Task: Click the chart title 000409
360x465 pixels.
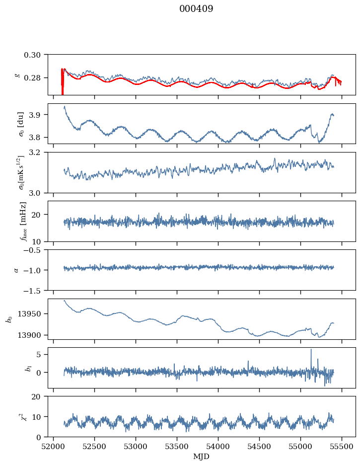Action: point(196,9)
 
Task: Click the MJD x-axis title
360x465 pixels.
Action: point(202,457)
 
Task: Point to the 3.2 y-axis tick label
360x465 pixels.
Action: point(39,152)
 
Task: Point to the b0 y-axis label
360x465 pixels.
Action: point(9,318)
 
